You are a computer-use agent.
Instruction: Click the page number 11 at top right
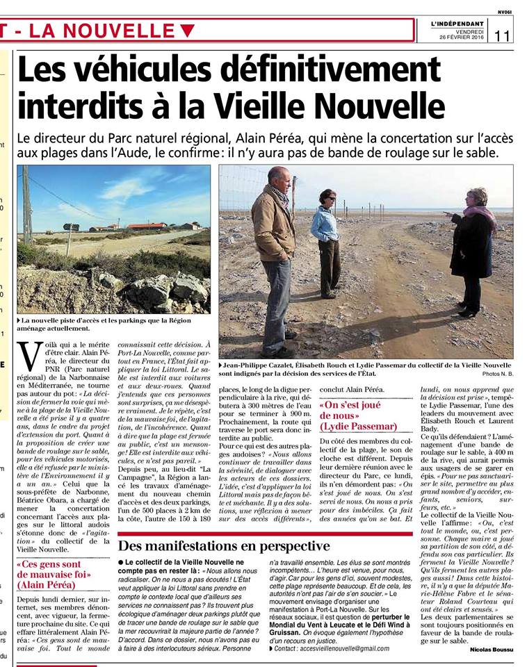[x=503, y=35]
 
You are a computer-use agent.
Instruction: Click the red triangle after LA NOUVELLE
[x=187, y=30]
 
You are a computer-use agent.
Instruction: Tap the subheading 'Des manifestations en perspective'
[x=223, y=545]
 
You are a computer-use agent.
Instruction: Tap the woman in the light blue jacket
[x=325, y=240]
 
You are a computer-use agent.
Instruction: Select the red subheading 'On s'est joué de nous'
[x=358, y=415]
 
